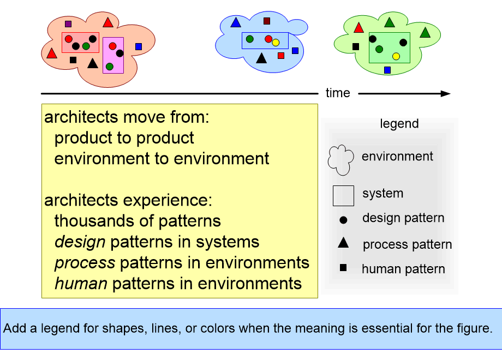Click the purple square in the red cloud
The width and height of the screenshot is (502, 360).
pyautogui.click(x=68, y=23)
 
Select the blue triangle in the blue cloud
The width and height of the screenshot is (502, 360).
pyautogui.click(x=236, y=22)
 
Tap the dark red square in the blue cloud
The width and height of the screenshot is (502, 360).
pyautogui.click(x=267, y=21)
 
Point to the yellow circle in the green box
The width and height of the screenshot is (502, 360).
pyautogui.click(x=396, y=56)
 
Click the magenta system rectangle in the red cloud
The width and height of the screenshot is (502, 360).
pyautogui.click(x=113, y=55)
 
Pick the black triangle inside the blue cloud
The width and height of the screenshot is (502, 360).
pyautogui.click(x=261, y=58)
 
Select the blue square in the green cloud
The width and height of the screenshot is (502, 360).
pyautogui.click(x=387, y=70)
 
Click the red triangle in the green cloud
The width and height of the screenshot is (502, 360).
pyautogui.click(x=359, y=28)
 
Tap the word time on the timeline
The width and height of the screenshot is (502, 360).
pyautogui.click(x=338, y=93)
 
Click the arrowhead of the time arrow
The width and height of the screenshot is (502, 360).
pyautogui.click(x=446, y=94)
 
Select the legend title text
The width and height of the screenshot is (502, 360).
pyautogui.click(x=399, y=124)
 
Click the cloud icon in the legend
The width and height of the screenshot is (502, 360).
pyautogui.click(x=341, y=160)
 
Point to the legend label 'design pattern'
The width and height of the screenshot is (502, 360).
pyautogui.click(x=403, y=218)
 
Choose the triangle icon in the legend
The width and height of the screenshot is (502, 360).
pyautogui.click(x=343, y=243)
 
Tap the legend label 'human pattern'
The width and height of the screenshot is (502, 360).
pyautogui.click(x=403, y=269)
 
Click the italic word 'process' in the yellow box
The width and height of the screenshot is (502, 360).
pyautogui.click(x=85, y=263)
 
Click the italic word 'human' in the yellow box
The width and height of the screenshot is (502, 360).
pyautogui.click(x=81, y=284)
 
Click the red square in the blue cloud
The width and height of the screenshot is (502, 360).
pyautogui.click(x=281, y=56)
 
